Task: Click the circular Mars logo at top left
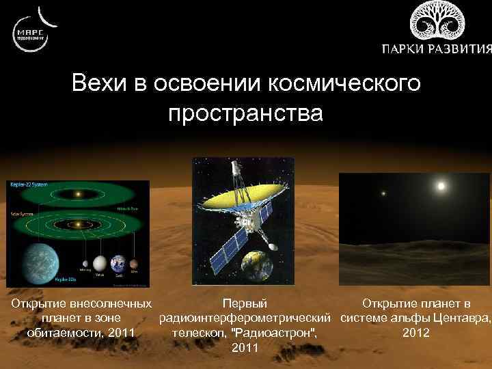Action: point(30,31)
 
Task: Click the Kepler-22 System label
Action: point(24,185)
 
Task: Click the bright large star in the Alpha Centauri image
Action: point(441,186)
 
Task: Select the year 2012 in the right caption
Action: point(416,333)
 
